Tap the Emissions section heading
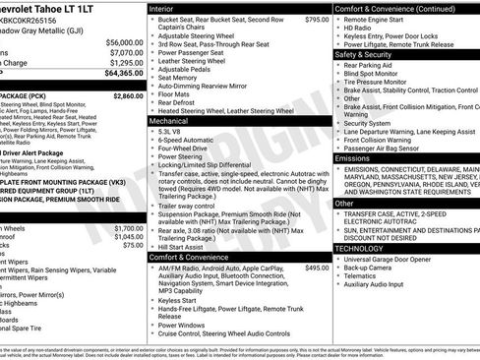[353, 157]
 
